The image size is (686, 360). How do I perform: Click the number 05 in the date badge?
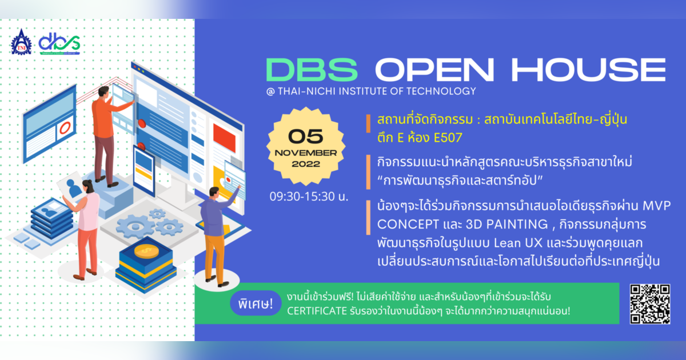coord(306,135)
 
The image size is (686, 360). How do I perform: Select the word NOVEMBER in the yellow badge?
coord(306,153)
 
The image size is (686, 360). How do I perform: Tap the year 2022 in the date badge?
coord(306,164)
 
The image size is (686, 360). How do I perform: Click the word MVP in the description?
coord(657,205)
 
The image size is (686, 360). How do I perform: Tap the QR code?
coord(650,303)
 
